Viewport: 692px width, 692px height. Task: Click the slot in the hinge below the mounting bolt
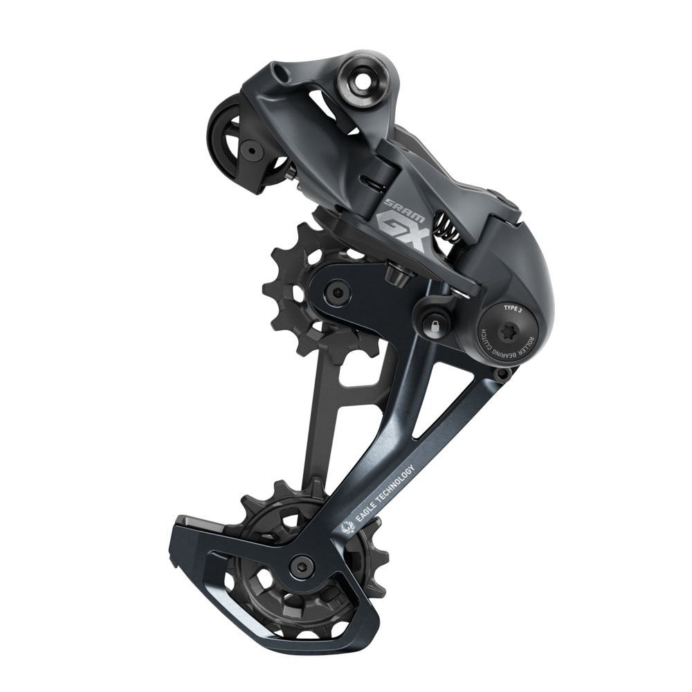(377, 183)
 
